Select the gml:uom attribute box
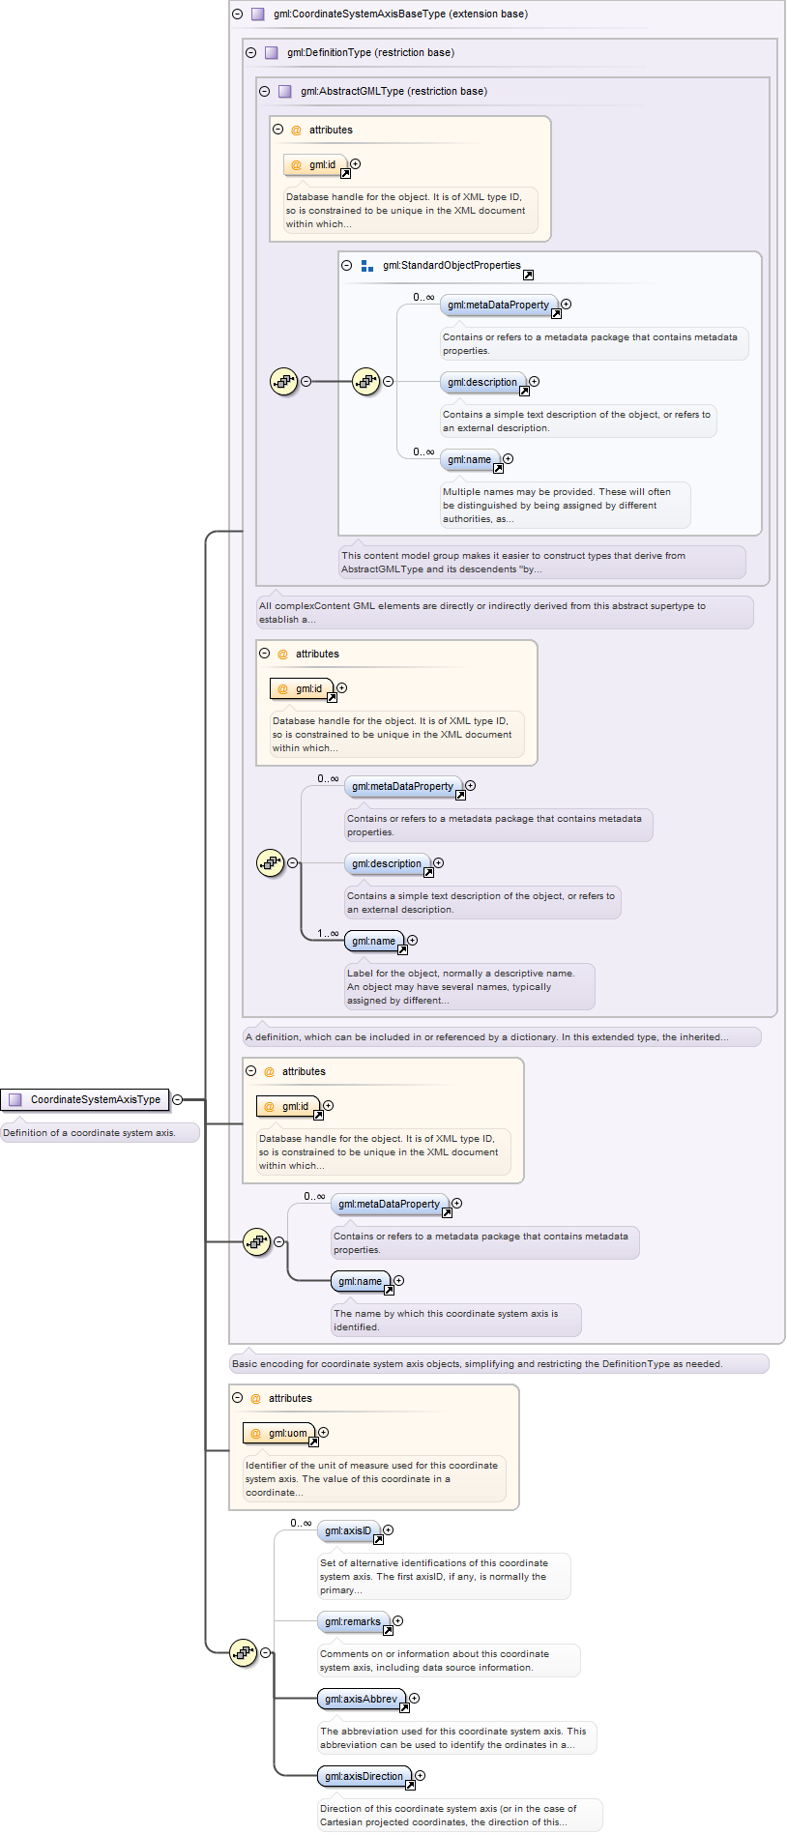[x=280, y=1433]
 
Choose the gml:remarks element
[x=354, y=1621]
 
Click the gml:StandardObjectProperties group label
[x=452, y=265]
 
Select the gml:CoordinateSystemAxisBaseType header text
[x=400, y=14]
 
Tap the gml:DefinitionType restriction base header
[x=370, y=52]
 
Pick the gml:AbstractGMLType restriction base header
[x=393, y=91]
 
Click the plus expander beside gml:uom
[x=324, y=1433]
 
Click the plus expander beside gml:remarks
[x=397, y=1621]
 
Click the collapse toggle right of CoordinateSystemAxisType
[x=177, y=1099]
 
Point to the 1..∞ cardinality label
[x=328, y=933]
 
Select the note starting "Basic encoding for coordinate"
[x=499, y=1363]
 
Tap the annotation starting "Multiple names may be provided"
[x=566, y=505]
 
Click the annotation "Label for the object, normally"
[x=469, y=986]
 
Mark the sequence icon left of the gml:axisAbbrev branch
[x=244, y=1652]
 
